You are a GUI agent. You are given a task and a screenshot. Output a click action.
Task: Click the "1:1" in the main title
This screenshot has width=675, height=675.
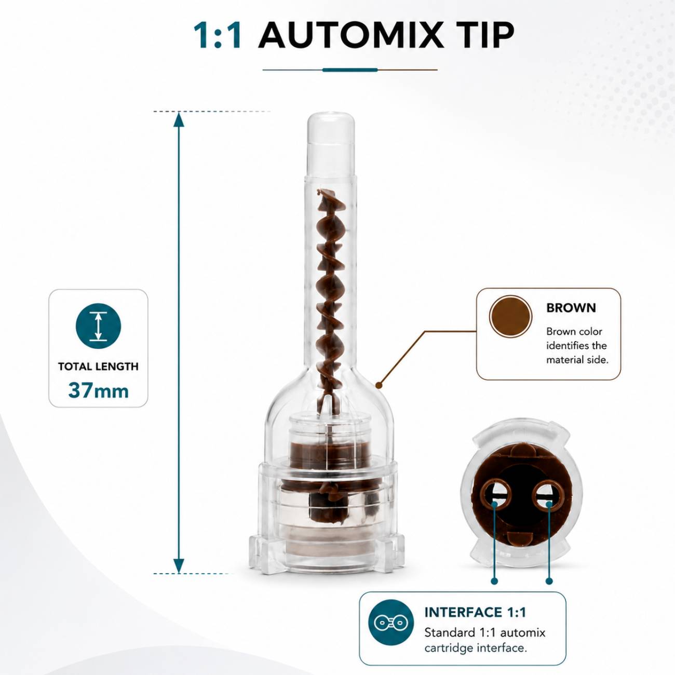(x=218, y=35)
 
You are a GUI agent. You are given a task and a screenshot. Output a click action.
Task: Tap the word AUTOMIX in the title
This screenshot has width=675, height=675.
(x=350, y=35)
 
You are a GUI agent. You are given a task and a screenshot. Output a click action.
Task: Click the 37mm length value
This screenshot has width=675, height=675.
(x=99, y=390)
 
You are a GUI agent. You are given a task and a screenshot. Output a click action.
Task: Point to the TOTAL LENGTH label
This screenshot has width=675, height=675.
(x=99, y=367)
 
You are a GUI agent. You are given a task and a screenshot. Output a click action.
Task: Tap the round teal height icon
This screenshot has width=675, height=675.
(x=99, y=326)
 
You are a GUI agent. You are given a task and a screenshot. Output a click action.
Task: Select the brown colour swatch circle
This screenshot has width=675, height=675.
(x=510, y=317)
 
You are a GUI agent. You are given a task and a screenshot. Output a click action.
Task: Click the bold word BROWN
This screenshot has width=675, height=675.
(x=571, y=308)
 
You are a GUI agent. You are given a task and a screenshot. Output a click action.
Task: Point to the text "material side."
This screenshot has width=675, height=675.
(x=577, y=360)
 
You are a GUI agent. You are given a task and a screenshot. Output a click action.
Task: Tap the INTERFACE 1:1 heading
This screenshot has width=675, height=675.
(x=475, y=612)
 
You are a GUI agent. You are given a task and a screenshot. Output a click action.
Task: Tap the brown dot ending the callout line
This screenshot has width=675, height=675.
(x=379, y=385)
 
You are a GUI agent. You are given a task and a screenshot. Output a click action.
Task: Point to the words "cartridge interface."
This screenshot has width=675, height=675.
(x=476, y=648)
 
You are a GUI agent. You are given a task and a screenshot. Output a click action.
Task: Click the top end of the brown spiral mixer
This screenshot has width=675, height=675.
(x=319, y=192)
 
